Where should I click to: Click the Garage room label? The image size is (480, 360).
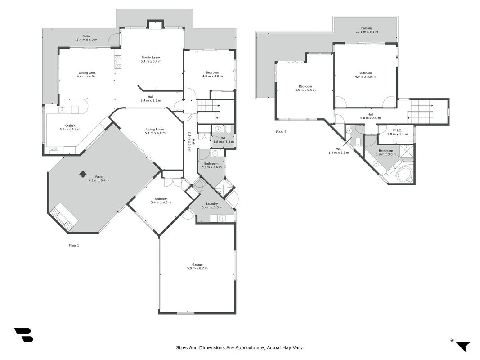[x=197, y=265]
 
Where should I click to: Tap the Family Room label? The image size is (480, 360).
[x=151, y=58]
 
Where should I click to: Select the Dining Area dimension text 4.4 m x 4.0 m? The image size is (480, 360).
[x=87, y=76]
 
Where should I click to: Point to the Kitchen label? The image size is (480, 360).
[x=70, y=126]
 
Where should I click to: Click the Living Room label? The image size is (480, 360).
[x=155, y=129]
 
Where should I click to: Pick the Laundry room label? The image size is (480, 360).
[x=212, y=204]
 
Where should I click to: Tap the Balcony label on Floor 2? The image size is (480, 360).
[x=367, y=28]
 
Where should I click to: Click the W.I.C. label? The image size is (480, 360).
[x=398, y=130]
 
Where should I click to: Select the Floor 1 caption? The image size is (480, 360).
[x=74, y=245]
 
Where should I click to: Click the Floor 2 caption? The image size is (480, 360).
[x=281, y=132]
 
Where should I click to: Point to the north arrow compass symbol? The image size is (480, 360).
[x=462, y=345]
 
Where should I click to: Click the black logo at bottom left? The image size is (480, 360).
[x=23, y=335]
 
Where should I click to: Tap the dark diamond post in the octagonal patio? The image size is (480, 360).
[x=83, y=174]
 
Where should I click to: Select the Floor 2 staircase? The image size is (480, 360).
[x=421, y=110]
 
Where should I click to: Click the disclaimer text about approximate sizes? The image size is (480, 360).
[x=240, y=347]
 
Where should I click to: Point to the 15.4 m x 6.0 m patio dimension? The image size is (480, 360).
[x=86, y=40]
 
